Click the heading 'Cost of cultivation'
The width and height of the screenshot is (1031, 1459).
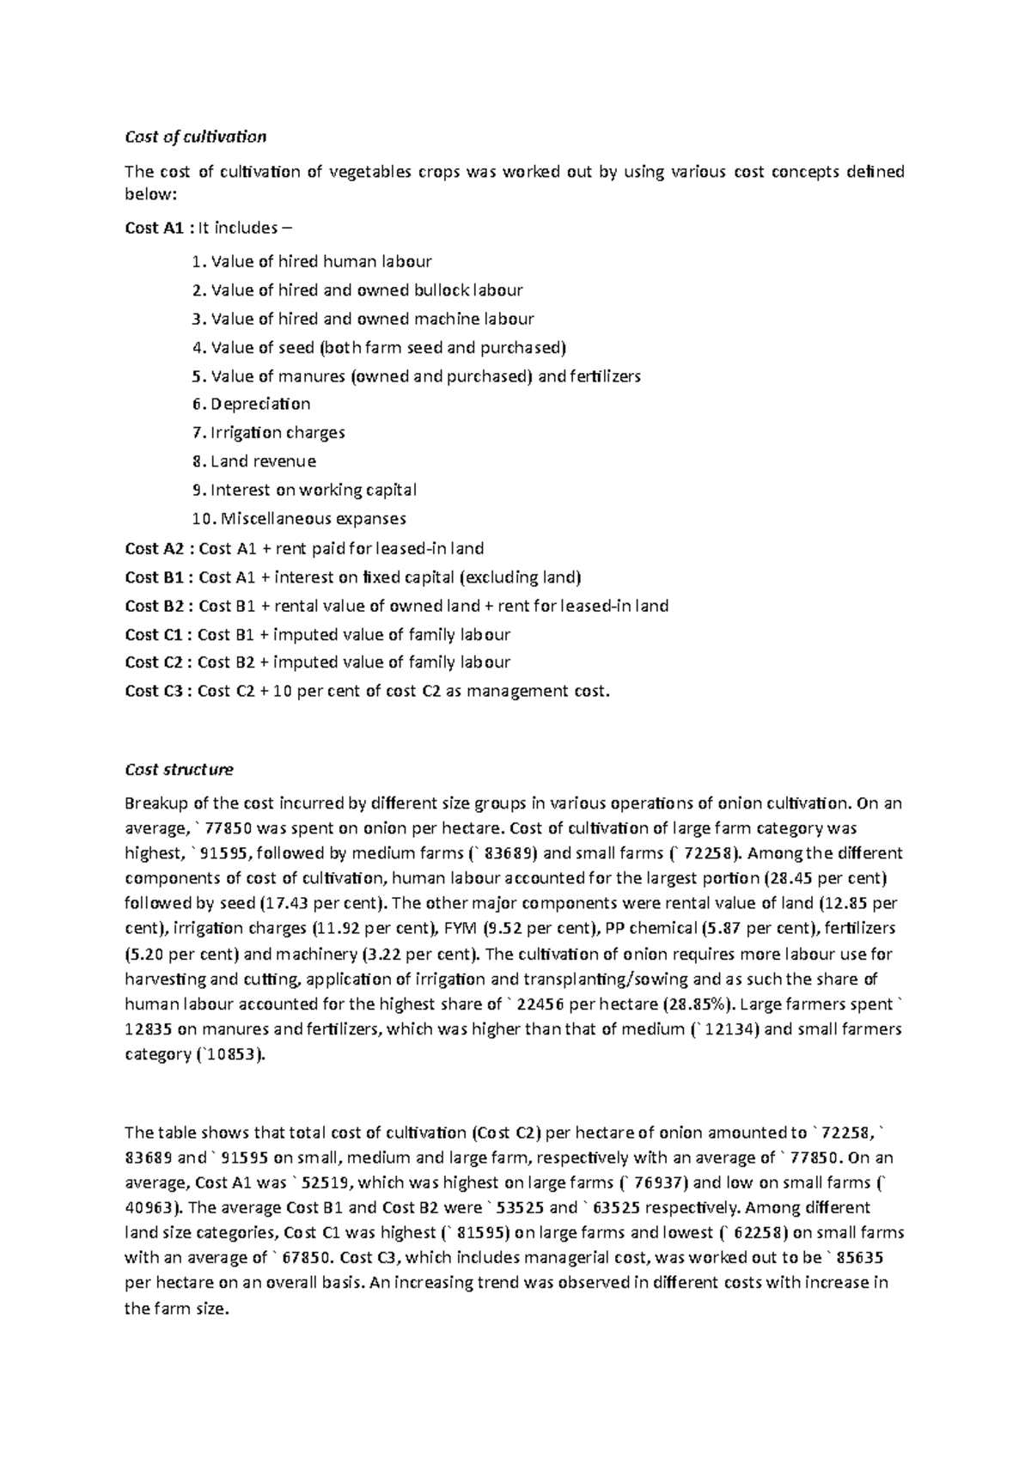pos(195,137)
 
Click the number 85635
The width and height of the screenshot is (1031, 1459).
pos(861,1258)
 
